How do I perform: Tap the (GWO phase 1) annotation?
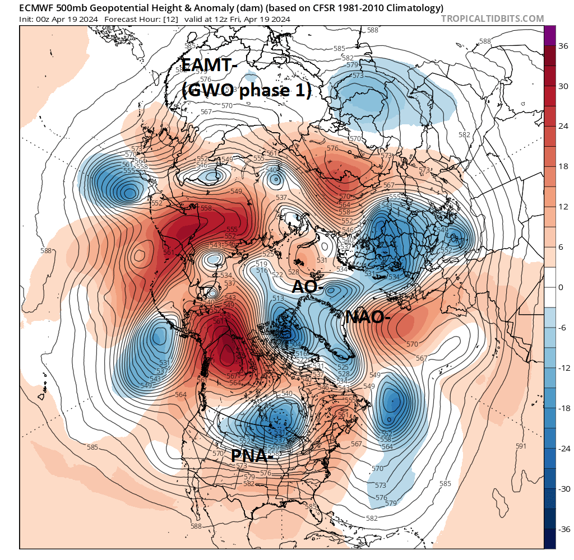[247, 90]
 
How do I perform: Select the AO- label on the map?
[308, 287]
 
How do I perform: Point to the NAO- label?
[368, 317]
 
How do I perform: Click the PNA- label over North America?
[252, 456]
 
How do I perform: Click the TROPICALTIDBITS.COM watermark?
[492, 19]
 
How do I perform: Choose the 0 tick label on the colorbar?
[561, 288]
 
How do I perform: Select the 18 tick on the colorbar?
[562, 167]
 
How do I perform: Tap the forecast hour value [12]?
[169, 19]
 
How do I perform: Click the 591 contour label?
[521, 446]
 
